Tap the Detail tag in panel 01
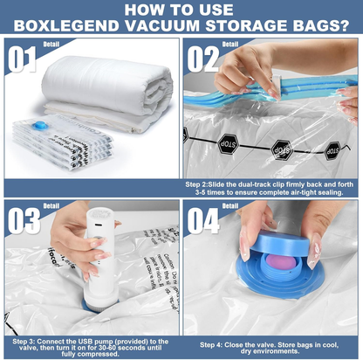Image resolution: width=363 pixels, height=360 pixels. pyautogui.click(x=51, y=43)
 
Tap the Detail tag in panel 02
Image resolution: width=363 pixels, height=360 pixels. pyautogui.click(x=229, y=43)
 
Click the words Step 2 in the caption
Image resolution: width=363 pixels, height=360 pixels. pyautogui.click(x=199, y=185)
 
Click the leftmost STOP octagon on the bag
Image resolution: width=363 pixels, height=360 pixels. pyautogui.click(x=186, y=135)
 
